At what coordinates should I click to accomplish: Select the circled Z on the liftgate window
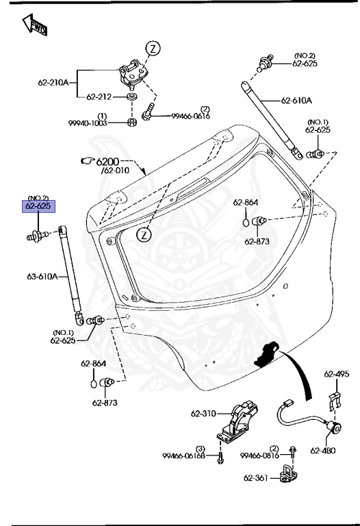(x=144, y=235)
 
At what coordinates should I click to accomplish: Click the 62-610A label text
(x=296, y=101)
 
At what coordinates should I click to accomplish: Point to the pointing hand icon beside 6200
(x=88, y=161)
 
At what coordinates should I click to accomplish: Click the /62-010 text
(x=116, y=171)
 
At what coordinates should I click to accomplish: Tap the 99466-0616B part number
(x=186, y=456)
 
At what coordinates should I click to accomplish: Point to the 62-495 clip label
(x=337, y=375)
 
